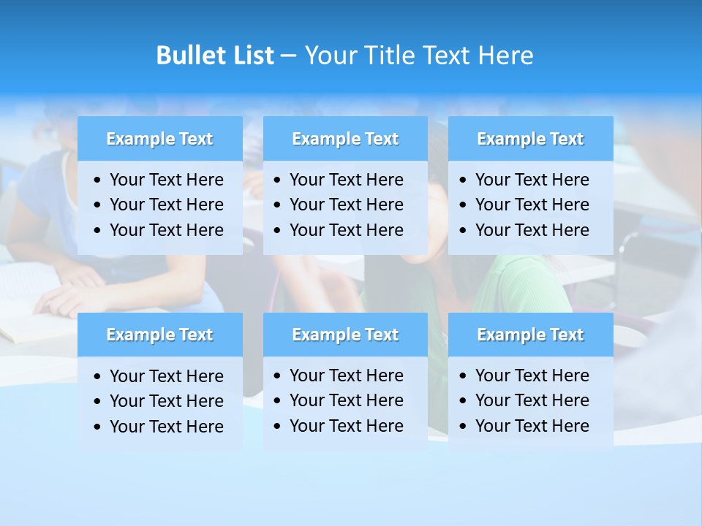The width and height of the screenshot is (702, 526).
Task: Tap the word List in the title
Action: [250, 56]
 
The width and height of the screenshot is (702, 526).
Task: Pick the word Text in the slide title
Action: [448, 56]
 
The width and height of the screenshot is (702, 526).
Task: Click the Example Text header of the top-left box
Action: [159, 139]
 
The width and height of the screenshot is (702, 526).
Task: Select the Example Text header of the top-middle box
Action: [345, 139]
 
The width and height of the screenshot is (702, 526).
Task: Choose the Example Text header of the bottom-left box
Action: [159, 335]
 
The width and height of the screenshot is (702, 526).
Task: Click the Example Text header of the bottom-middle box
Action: [345, 335]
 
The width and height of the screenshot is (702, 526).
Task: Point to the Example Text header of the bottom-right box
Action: [530, 335]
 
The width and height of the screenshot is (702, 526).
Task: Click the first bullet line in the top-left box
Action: [166, 180]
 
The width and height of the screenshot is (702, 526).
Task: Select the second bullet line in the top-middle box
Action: [346, 205]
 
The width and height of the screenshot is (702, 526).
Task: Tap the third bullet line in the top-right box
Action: [532, 230]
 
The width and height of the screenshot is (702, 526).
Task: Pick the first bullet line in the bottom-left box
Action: [166, 376]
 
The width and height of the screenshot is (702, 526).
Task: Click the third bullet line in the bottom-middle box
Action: [346, 426]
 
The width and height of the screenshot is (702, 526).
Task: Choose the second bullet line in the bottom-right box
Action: [532, 400]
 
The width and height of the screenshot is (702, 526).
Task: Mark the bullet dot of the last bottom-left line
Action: [98, 427]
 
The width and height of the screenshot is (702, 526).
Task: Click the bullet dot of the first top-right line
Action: [464, 180]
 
